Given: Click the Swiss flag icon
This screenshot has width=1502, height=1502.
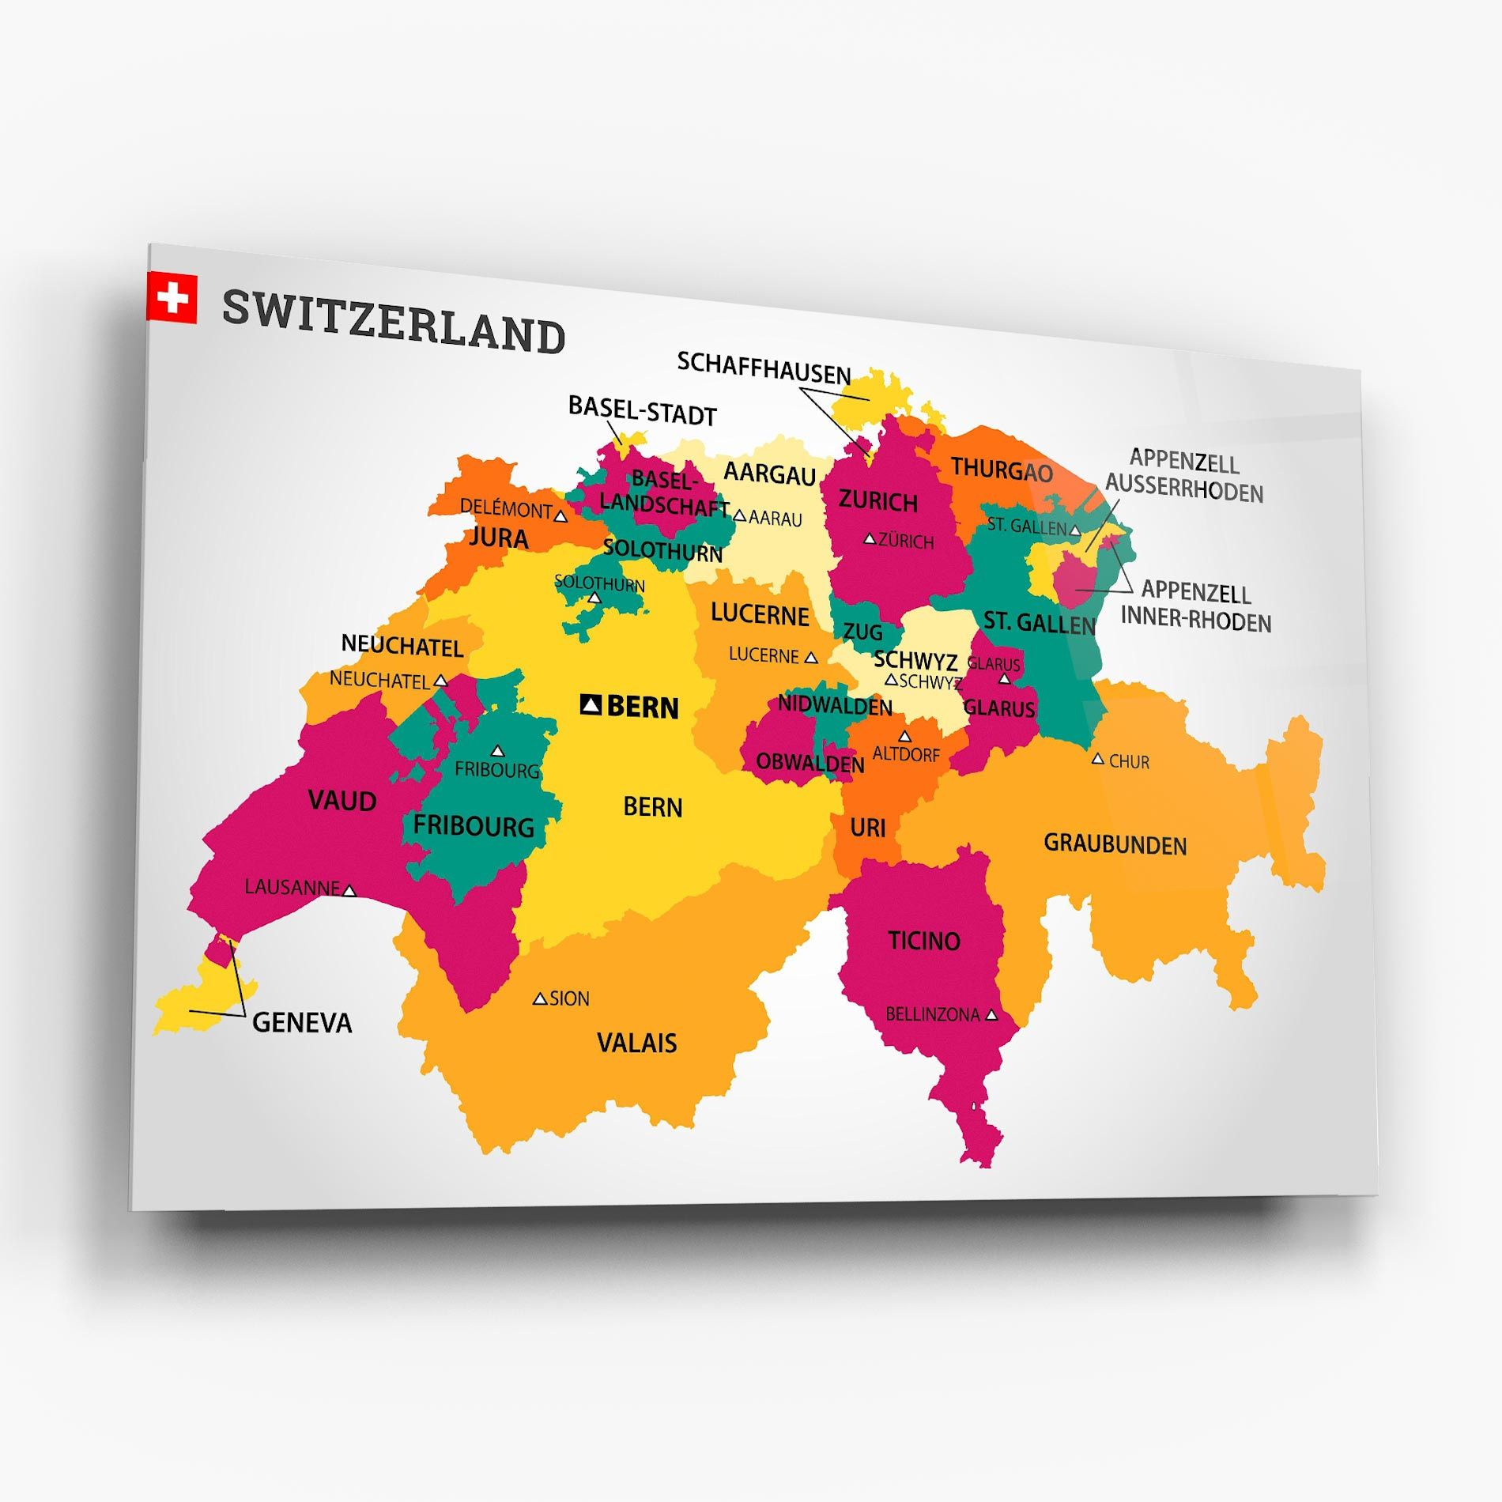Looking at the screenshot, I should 172,298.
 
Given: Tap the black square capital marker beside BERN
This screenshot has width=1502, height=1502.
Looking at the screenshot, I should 591,704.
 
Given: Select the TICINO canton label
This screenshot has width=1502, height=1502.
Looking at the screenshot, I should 923,941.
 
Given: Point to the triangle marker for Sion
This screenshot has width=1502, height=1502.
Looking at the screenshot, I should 540,999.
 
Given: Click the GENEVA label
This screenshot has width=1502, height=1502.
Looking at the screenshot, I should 302,1023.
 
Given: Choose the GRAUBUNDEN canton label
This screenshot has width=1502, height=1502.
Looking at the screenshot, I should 1115,844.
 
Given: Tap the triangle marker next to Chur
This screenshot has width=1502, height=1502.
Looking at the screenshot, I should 1097,759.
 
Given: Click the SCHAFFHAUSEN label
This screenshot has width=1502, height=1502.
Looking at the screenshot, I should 764,368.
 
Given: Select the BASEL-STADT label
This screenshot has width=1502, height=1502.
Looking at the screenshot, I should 642,411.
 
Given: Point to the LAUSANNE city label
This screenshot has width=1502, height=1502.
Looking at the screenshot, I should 292,887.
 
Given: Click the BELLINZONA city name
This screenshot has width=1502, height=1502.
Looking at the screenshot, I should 933,1014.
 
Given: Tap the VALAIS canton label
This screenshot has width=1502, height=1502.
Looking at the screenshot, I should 636,1043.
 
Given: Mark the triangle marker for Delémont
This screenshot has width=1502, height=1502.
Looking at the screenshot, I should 560,516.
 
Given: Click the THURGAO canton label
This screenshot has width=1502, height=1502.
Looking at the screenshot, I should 1002,470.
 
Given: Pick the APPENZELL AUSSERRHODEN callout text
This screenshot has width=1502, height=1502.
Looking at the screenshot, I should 1183,476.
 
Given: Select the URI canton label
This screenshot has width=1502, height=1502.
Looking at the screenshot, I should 867,828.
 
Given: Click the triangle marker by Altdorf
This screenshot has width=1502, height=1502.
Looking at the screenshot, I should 905,737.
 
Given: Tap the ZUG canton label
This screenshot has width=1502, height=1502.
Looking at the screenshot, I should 862,632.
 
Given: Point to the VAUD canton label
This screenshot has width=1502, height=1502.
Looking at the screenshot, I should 342,801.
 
